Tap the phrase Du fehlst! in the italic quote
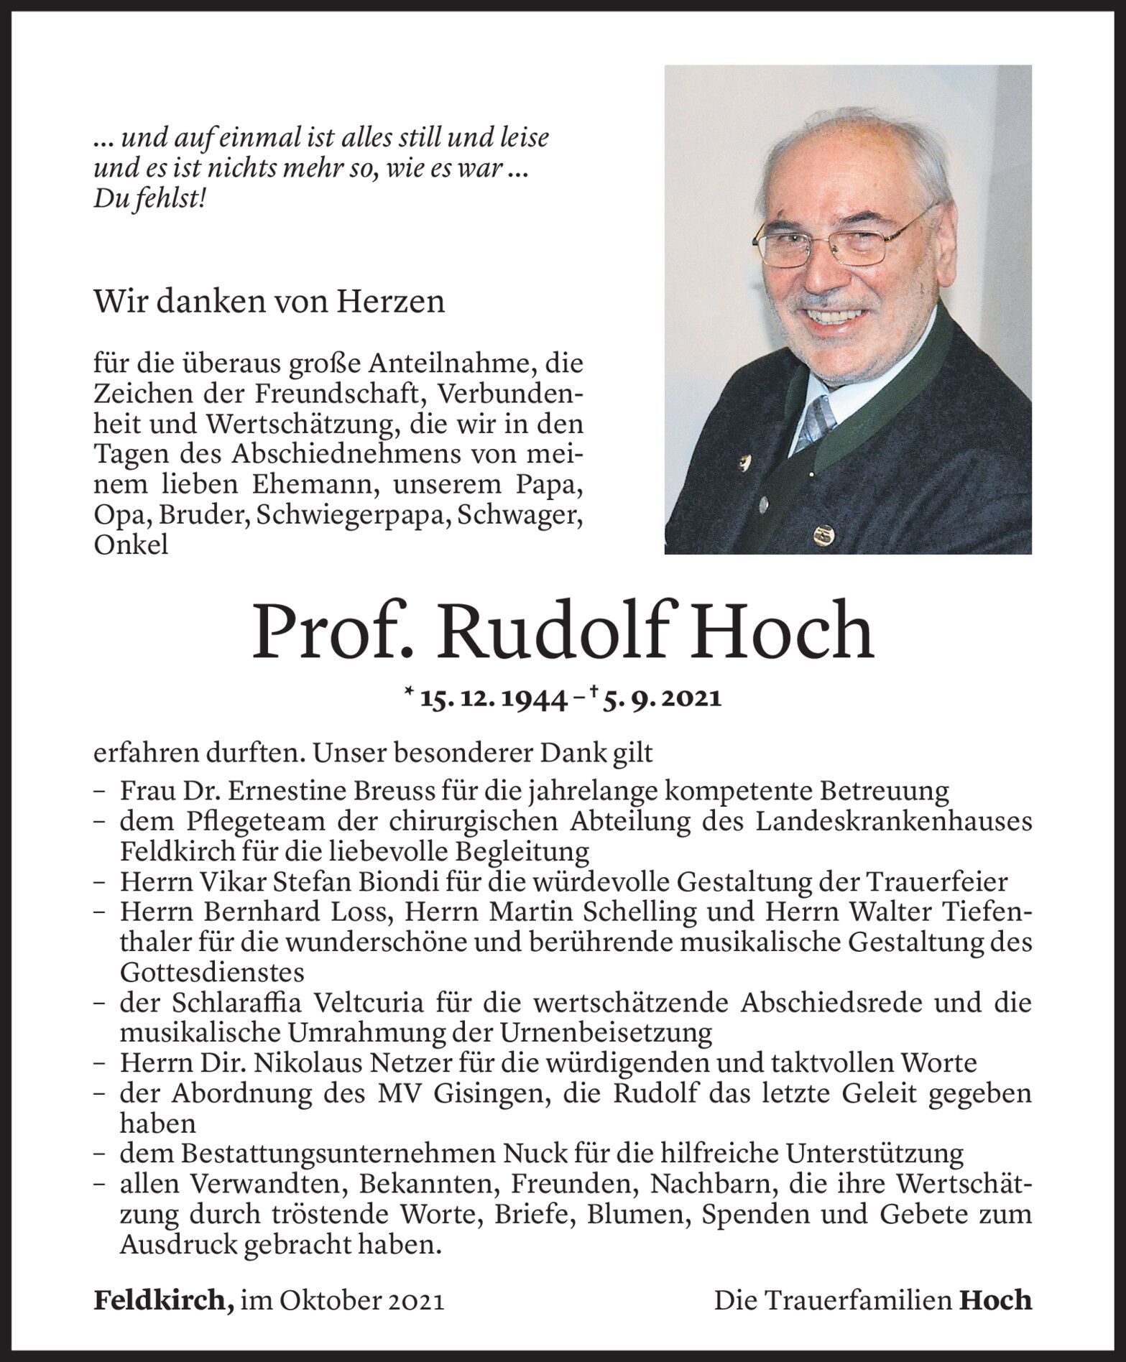150,199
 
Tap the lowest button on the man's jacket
821,535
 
